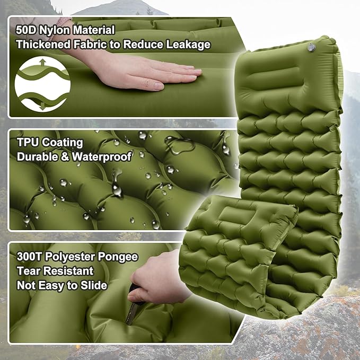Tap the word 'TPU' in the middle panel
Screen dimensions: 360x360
(28, 142)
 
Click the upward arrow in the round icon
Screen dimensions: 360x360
(42, 64)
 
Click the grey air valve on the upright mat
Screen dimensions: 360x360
(311, 48)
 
